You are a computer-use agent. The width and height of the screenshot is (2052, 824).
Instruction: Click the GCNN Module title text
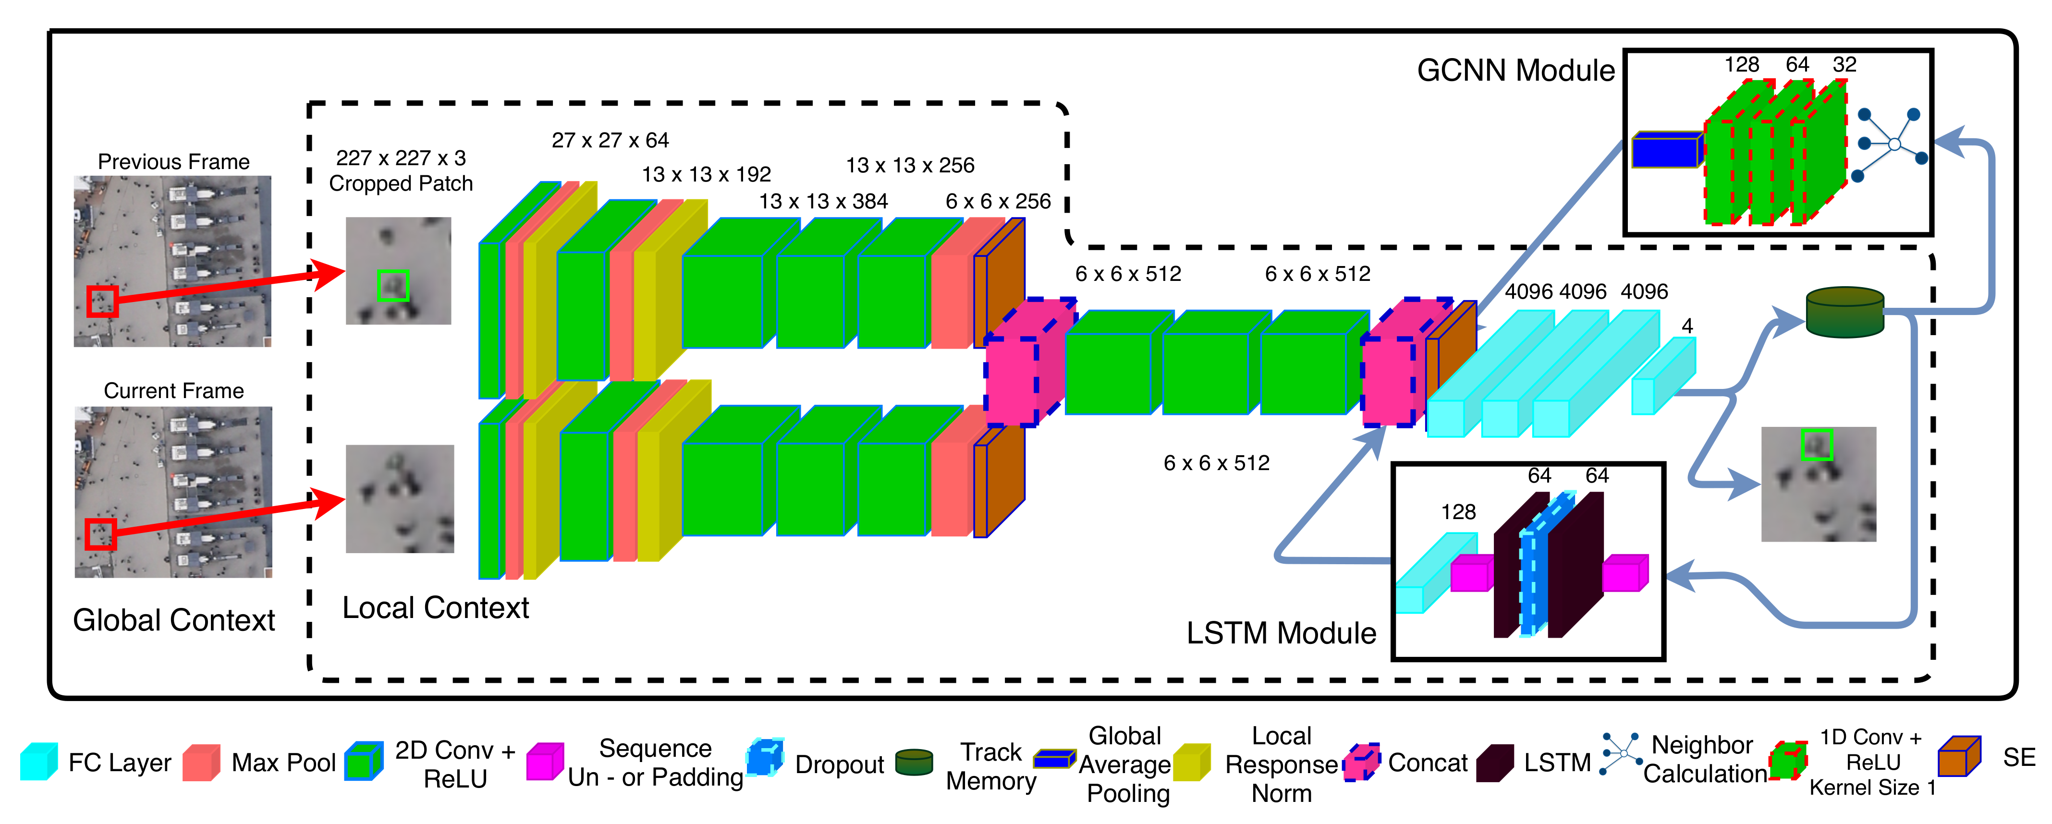click(x=1515, y=71)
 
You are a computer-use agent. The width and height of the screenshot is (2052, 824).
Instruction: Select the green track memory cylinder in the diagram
click(x=1844, y=312)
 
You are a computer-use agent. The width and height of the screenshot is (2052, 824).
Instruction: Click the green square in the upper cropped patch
click(x=393, y=285)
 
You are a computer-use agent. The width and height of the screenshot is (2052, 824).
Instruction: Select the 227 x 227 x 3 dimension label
click(x=401, y=158)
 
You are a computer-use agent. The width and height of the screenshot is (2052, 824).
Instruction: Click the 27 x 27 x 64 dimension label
click(x=610, y=141)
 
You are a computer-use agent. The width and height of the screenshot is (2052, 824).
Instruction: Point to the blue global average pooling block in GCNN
click(x=1666, y=150)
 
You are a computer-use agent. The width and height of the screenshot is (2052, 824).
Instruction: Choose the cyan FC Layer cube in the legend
click(x=38, y=762)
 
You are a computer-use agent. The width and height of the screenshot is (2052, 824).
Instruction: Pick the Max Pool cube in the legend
click(x=201, y=763)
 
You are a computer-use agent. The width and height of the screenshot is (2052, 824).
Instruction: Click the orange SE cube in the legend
click(x=1959, y=756)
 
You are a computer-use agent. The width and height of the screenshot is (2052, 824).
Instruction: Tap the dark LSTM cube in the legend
click(x=1494, y=763)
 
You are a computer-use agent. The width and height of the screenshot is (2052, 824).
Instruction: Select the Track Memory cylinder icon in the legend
click(x=914, y=762)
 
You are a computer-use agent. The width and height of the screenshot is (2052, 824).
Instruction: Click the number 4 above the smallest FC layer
click(x=1686, y=326)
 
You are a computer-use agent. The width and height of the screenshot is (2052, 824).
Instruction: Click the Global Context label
click(x=174, y=620)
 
